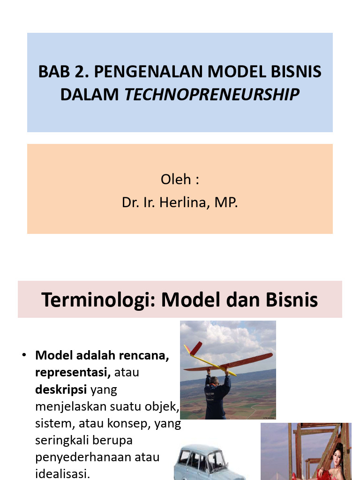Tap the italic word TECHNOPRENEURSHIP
click(211, 95)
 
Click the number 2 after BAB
click(82, 72)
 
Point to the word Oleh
click(176, 180)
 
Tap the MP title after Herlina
click(226, 202)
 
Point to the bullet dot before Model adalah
click(24, 355)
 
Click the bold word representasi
click(73, 373)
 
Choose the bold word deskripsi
click(61, 390)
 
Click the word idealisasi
click(62, 473)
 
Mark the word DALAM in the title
click(90, 95)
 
